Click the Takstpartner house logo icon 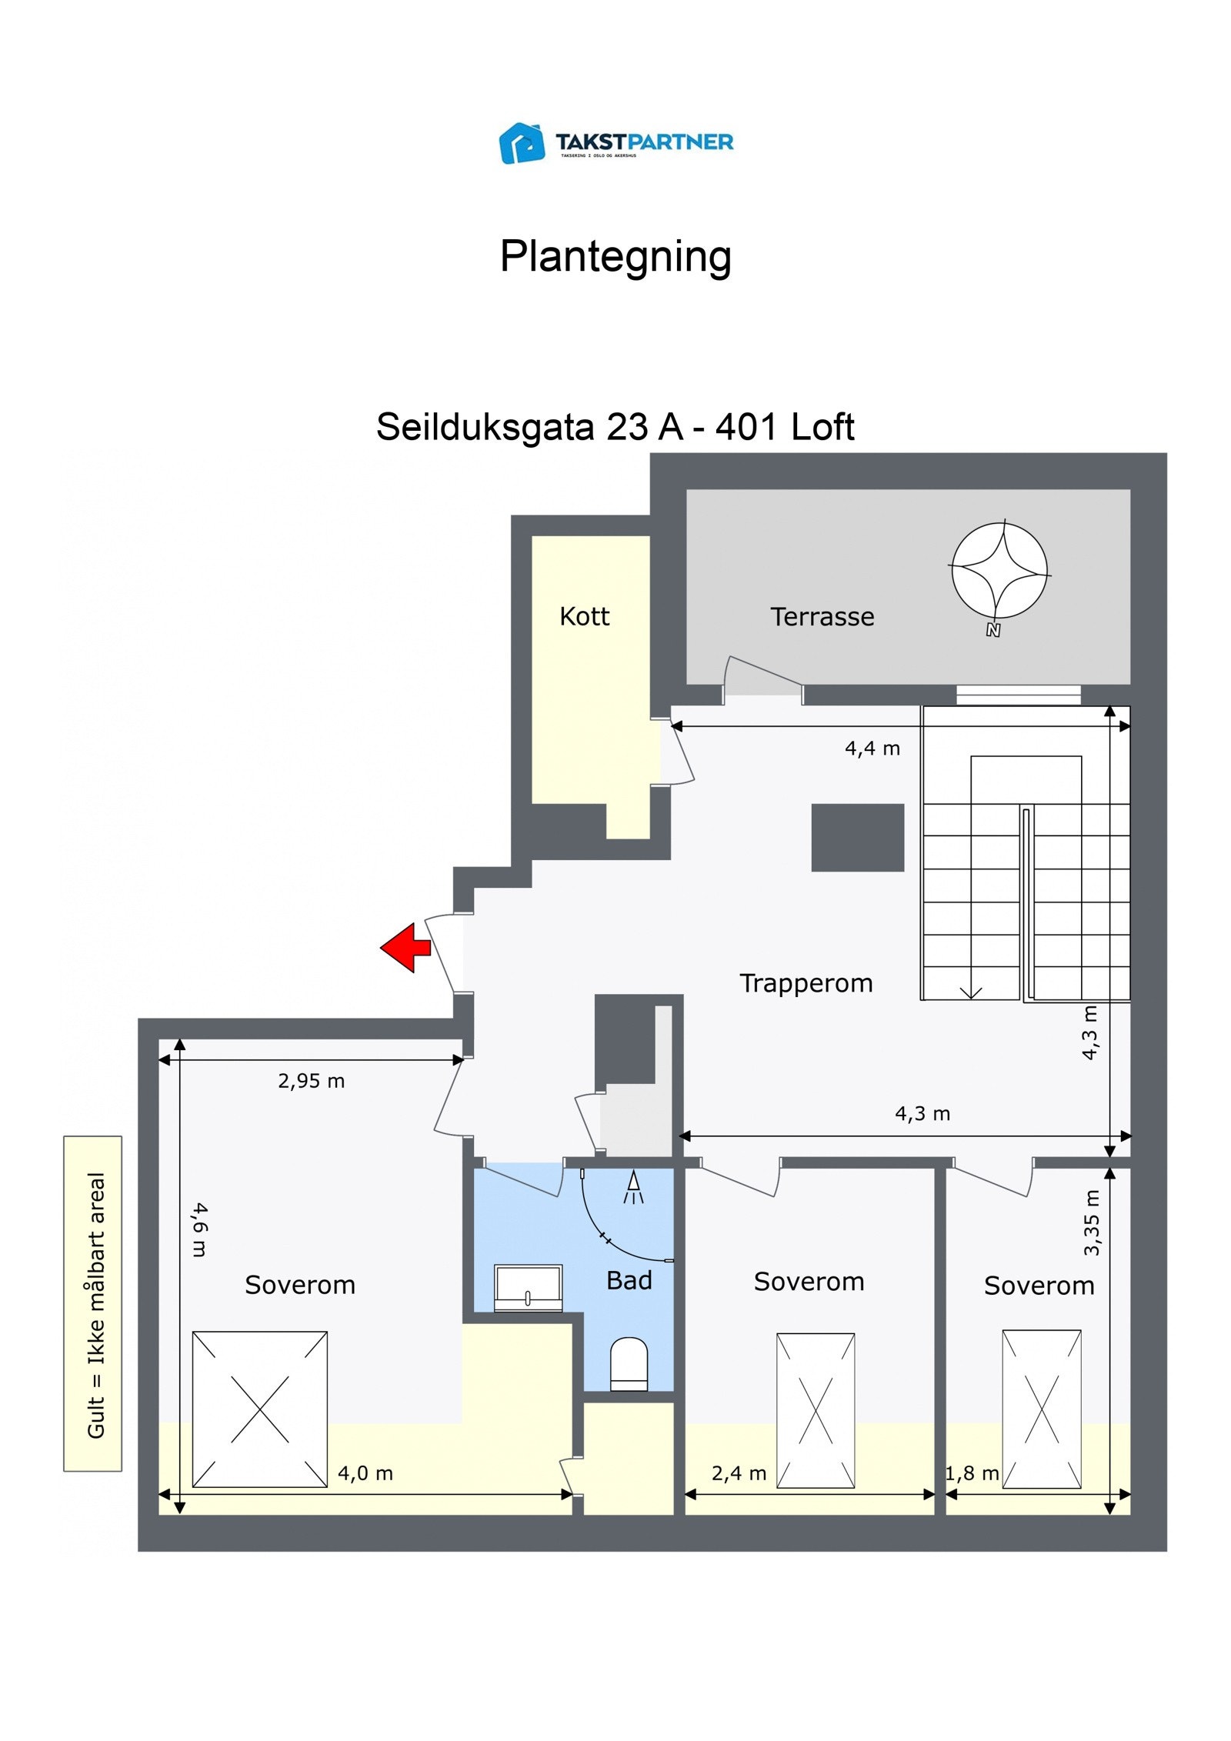[522, 143]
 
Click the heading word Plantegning [615, 256]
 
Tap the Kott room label [584, 616]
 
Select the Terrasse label [822, 617]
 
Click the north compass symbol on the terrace [999, 572]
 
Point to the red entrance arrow [405, 947]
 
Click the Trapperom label [806, 983]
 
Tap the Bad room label [629, 1280]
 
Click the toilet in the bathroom [629, 1364]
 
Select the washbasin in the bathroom [528, 1288]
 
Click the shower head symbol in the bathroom [633, 1188]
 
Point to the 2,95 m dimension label [311, 1081]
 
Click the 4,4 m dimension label [872, 749]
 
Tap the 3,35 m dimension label [1091, 1222]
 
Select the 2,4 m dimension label [739, 1473]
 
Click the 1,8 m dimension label [972, 1473]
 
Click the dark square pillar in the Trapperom [857, 838]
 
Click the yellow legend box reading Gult [93, 1303]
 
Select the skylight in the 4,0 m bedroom [259, 1409]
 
